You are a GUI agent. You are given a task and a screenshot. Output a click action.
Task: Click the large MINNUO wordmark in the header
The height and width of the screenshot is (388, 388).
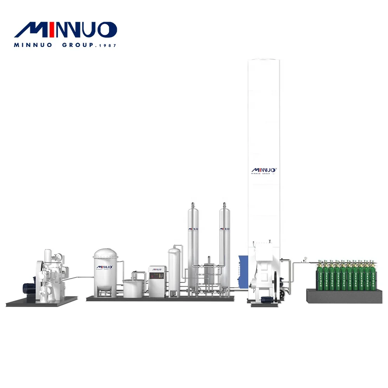(x=65, y=30)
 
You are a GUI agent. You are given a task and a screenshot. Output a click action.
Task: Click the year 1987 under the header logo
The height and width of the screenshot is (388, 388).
(x=107, y=45)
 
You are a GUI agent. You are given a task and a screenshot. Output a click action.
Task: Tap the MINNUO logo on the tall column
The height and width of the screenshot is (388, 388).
(x=264, y=170)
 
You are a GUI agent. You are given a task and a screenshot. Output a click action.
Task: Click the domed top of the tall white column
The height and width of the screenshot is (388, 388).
(x=264, y=61)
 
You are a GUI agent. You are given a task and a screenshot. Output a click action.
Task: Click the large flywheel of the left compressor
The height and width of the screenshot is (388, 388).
(x=40, y=272)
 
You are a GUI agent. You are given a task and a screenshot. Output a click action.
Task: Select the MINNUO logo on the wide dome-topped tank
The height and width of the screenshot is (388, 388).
(x=105, y=267)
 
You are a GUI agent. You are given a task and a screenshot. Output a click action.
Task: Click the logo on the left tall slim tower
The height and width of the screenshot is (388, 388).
(x=193, y=229)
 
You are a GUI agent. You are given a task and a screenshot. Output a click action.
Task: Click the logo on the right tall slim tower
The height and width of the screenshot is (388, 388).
(x=224, y=229)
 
